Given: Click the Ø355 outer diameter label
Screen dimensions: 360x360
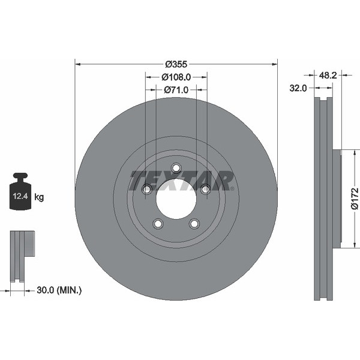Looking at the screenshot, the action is point(176,64).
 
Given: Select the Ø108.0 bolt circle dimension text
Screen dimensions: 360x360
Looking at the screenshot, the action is point(176,77).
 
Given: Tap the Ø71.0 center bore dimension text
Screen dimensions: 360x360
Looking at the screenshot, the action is point(176,90).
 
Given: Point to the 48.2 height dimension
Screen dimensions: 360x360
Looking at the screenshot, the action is point(328,75).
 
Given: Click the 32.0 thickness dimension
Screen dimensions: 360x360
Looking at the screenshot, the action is point(298,88).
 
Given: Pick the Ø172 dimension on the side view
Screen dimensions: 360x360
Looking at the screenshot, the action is point(355,199).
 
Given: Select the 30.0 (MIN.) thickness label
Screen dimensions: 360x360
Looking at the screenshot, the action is point(59,290).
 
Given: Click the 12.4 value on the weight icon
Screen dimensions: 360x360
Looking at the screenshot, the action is point(20,196).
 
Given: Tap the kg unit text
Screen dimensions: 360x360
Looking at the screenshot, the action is point(39,197).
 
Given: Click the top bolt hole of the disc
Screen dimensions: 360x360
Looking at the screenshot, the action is point(176,168).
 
